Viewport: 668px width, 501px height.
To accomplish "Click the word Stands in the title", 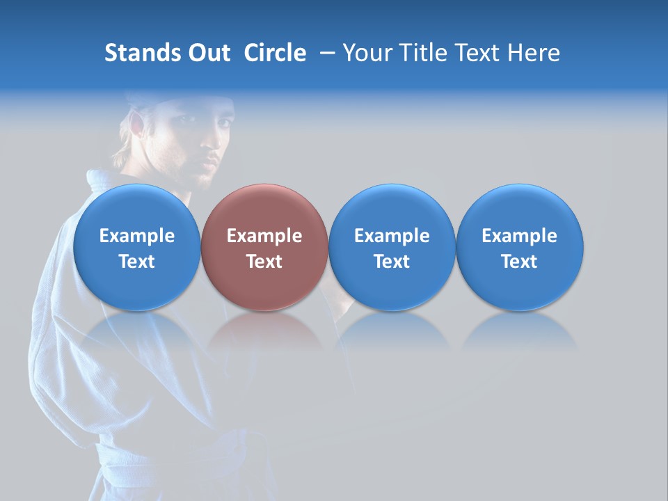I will point(142,53).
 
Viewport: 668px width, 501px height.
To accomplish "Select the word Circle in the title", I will point(275,53).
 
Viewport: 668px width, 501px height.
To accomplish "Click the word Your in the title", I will point(367,53).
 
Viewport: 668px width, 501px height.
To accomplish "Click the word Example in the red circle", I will point(264,236).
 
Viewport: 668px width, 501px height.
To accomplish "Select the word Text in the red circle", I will point(264,262).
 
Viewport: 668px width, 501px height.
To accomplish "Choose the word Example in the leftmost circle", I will point(136,236).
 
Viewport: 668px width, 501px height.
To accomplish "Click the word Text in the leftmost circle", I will point(136,262).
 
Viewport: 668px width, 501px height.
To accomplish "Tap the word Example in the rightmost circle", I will point(519,236).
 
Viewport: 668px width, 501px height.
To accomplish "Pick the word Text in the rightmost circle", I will point(519,262).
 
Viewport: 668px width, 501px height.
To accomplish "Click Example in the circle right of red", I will point(392,236).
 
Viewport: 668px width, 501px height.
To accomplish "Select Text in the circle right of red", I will point(392,262).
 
